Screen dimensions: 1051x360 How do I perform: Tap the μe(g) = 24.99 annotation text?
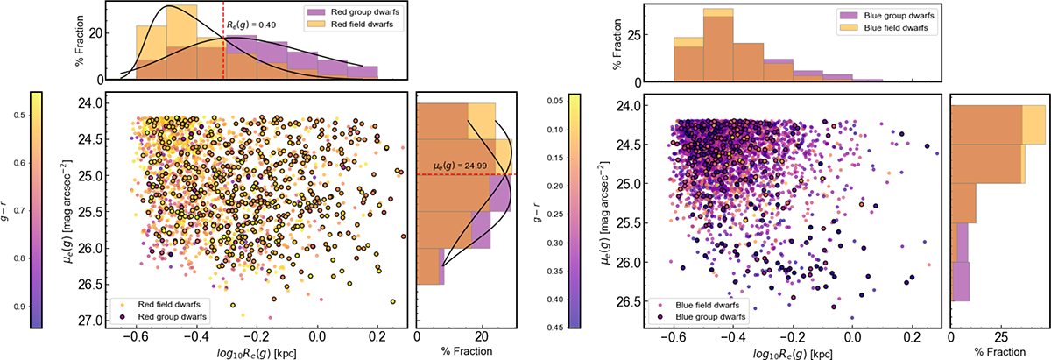(460, 166)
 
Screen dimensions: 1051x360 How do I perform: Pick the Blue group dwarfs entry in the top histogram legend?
(885, 16)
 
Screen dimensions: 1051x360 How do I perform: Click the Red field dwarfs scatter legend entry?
(159, 305)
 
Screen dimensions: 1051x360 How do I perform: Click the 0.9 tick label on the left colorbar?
(18, 307)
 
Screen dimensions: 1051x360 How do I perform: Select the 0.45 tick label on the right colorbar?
(555, 327)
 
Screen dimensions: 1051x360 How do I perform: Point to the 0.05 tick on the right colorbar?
(555, 101)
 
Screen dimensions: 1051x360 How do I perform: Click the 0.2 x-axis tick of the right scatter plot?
(912, 337)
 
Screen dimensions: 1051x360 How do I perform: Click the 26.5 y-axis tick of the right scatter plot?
(628, 301)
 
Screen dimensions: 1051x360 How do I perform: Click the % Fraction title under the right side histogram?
(1000, 352)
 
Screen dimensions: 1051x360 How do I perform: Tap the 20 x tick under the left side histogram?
(482, 336)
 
